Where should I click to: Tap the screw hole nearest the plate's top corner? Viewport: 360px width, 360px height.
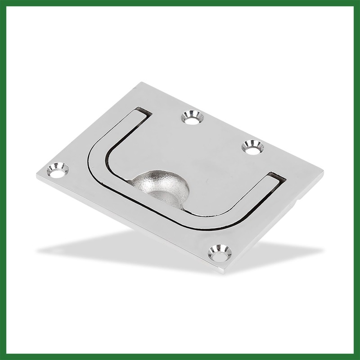click(x=193, y=118)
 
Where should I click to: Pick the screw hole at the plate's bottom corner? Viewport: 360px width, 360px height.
click(x=220, y=253)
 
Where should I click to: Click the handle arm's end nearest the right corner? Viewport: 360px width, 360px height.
click(x=275, y=178)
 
